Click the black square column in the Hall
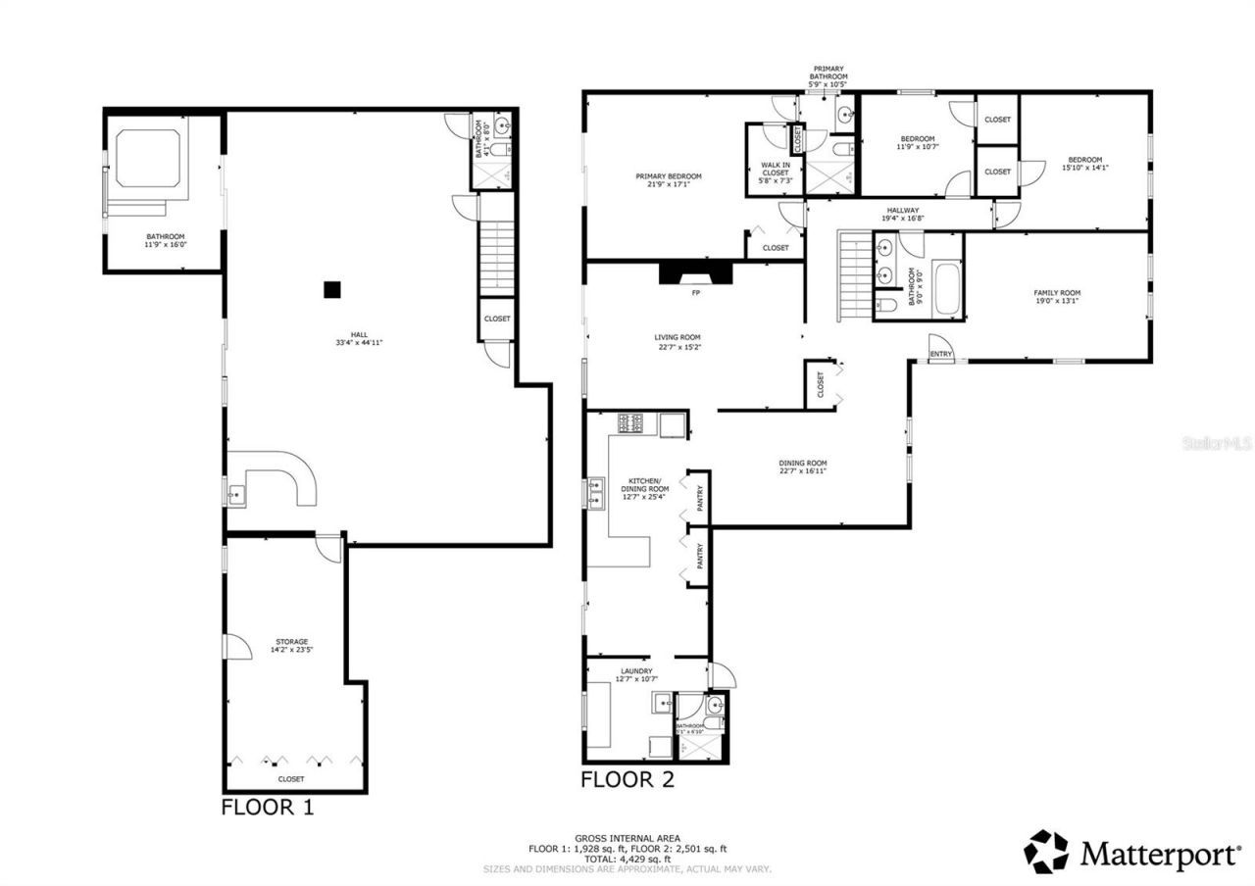[x=333, y=289]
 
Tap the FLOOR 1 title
[x=267, y=808]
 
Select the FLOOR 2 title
[x=627, y=780]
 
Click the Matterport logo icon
[x=1046, y=852]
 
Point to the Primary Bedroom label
[x=668, y=176]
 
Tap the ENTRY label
[x=940, y=354]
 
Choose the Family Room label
[x=1057, y=292]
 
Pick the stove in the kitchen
[x=630, y=424]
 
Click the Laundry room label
[x=636, y=671]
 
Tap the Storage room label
[x=291, y=642]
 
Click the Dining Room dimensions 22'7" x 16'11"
[x=803, y=471]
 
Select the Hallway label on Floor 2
[x=902, y=210]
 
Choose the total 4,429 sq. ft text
[x=627, y=859]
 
